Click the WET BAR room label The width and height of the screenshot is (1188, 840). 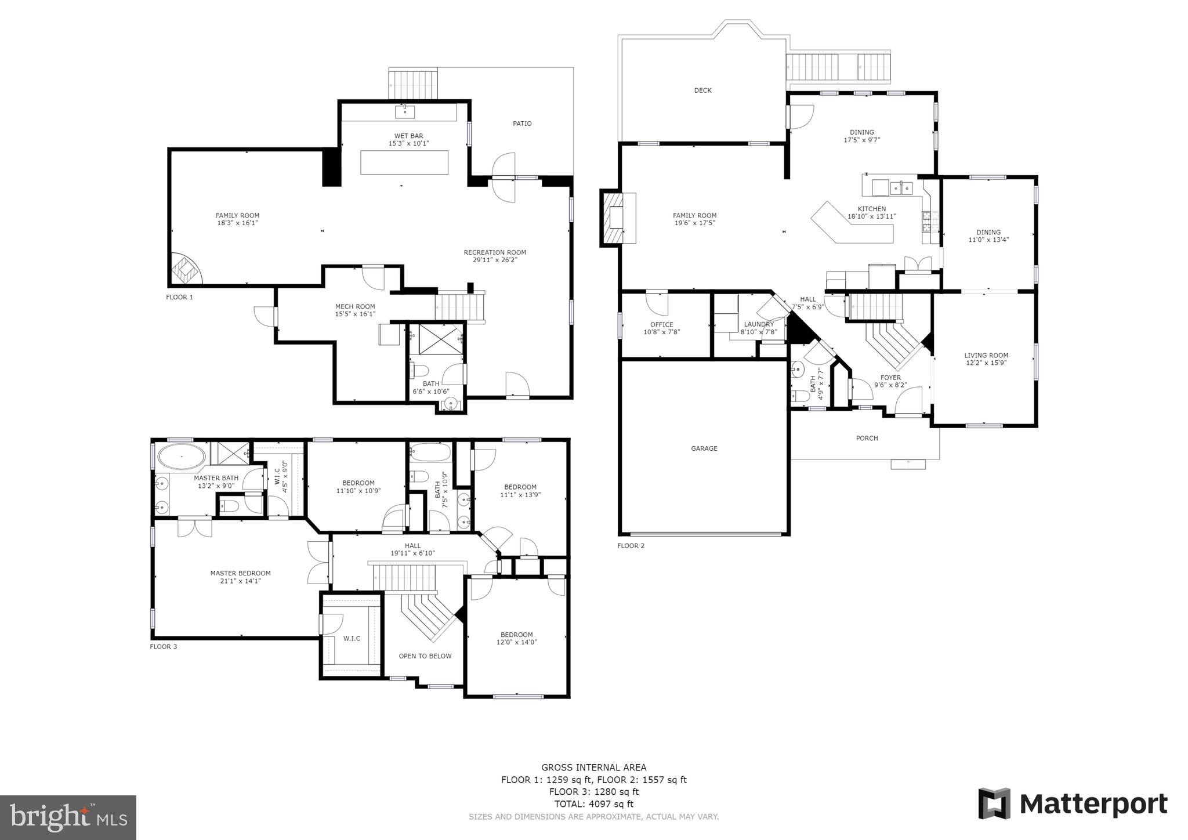[408, 136]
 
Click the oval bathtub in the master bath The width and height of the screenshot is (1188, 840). [182, 457]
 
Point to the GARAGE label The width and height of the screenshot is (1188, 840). [704, 448]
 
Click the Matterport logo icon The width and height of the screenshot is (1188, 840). [994, 803]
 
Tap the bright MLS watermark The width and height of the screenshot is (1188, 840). [68, 817]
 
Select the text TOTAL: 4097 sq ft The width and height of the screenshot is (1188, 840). [593, 804]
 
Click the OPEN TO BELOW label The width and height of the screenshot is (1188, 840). [425, 656]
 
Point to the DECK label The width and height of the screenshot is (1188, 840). [702, 90]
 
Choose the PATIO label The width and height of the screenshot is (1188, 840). [522, 124]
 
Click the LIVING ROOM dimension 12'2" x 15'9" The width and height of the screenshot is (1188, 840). [986, 363]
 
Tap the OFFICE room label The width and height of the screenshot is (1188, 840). [661, 325]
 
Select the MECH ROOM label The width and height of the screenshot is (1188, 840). [355, 306]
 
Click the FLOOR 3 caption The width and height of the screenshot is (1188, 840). [164, 646]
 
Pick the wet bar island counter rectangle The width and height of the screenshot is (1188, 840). [404, 162]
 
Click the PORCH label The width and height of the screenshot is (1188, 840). [867, 439]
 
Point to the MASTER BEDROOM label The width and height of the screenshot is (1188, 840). [240, 573]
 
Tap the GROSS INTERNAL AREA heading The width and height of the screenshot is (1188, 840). [593, 767]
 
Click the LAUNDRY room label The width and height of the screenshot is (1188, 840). [759, 324]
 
